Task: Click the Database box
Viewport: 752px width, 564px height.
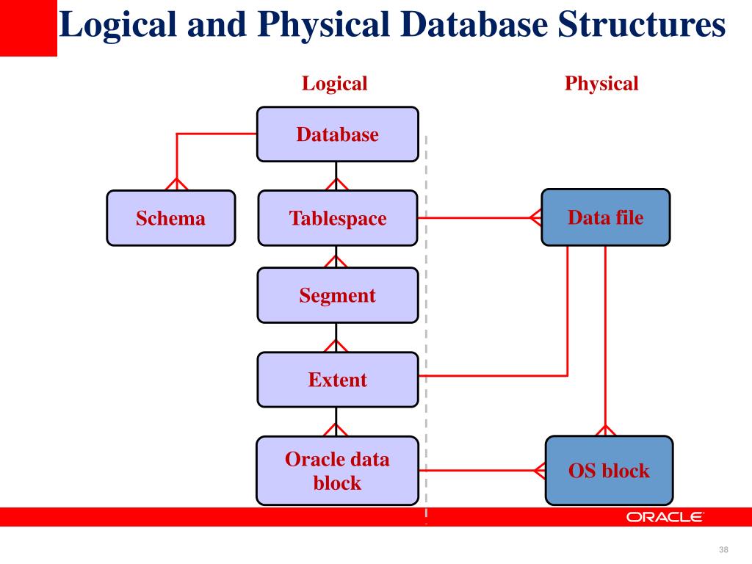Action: coord(337,134)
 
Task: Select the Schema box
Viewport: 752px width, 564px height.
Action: coord(170,218)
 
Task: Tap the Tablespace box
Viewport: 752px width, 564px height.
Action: coord(337,218)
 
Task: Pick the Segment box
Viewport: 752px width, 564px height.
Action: coord(337,295)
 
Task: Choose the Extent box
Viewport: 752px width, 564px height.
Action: coord(337,380)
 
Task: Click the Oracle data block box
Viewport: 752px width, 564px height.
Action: coord(337,471)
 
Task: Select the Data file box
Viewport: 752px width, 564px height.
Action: coord(605,217)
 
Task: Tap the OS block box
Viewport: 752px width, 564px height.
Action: coord(609,471)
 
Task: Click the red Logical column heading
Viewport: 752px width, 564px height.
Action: coord(334,84)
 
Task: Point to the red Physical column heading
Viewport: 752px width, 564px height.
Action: coord(601,84)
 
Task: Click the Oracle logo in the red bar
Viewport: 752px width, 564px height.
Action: coord(665,517)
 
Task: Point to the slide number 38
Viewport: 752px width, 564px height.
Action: coord(723,551)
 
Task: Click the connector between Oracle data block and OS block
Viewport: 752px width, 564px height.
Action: coord(477,470)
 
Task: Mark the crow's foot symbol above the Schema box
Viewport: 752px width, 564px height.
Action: coord(176,184)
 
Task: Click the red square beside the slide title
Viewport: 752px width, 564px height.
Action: coord(28,28)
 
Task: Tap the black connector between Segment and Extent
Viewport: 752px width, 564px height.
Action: coord(336,338)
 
